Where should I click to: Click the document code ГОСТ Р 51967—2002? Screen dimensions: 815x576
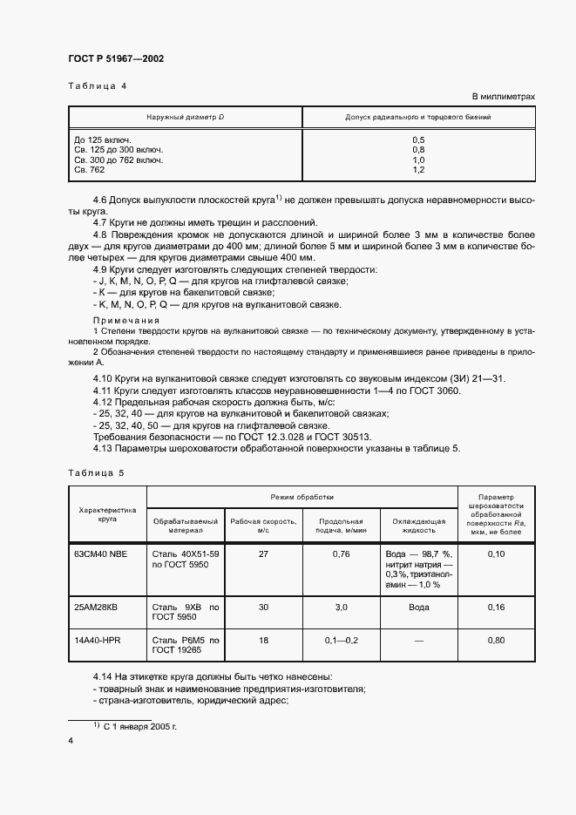click(116, 59)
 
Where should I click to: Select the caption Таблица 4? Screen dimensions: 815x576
click(97, 85)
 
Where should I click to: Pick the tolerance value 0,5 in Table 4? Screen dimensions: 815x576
click(417, 140)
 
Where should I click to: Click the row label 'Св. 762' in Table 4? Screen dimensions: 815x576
click(89, 169)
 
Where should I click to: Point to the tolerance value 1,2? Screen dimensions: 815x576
click(417, 169)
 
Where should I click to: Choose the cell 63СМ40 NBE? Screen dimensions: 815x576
click(101, 554)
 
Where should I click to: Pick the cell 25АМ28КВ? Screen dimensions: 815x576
click(98, 607)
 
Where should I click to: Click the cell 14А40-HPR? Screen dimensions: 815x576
click(98, 640)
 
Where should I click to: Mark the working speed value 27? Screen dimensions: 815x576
click(262, 554)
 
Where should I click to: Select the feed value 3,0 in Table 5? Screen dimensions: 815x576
click(341, 607)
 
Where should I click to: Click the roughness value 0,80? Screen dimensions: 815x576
click(496, 640)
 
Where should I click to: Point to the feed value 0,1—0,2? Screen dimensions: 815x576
click(341, 640)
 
